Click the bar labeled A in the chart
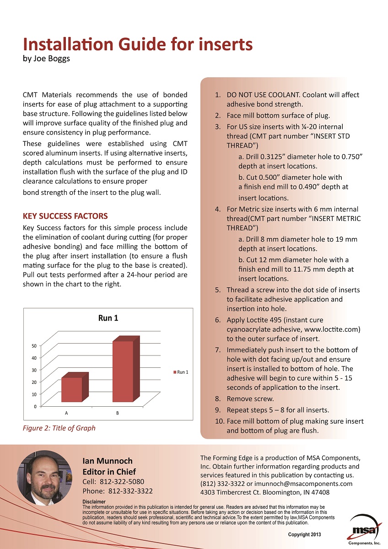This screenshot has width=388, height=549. click(x=72, y=389)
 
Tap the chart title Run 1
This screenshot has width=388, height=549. click(x=108, y=318)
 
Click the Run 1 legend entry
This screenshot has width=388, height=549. click(x=182, y=372)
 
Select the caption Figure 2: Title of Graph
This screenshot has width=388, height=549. click(x=59, y=428)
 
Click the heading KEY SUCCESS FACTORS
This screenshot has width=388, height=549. click(x=65, y=216)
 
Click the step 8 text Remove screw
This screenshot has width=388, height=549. click(x=250, y=398)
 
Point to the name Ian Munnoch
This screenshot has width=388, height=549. click(x=107, y=461)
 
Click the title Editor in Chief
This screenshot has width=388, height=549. click(x=109, y=472)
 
